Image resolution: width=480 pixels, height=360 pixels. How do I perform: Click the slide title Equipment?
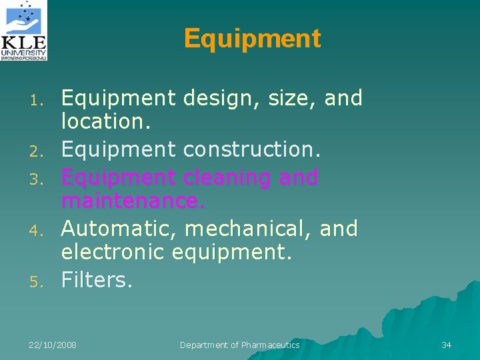pyautogui.click(x=252, y=39)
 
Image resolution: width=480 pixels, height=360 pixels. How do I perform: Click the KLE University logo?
pyautogui.click(x=25, y=31)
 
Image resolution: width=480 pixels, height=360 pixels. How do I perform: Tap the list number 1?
pyautogui.click(x=38, y=101)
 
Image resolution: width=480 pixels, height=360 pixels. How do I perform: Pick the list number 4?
pyautogui.click(x=38, y=231)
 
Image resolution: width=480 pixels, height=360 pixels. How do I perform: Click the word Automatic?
pyautogui.click(x=119, y=229)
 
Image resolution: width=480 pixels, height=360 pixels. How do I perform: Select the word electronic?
pyautogui.click(x=113, y=252)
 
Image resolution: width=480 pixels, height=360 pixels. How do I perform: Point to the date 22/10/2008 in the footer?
pyautogui.click(x=53, y=345)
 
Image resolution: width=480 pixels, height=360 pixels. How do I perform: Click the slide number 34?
pyautogui.click(x=447, y=345)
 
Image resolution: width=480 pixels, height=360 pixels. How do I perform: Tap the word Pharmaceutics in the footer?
pyautogui.click(x=270, y=345)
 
